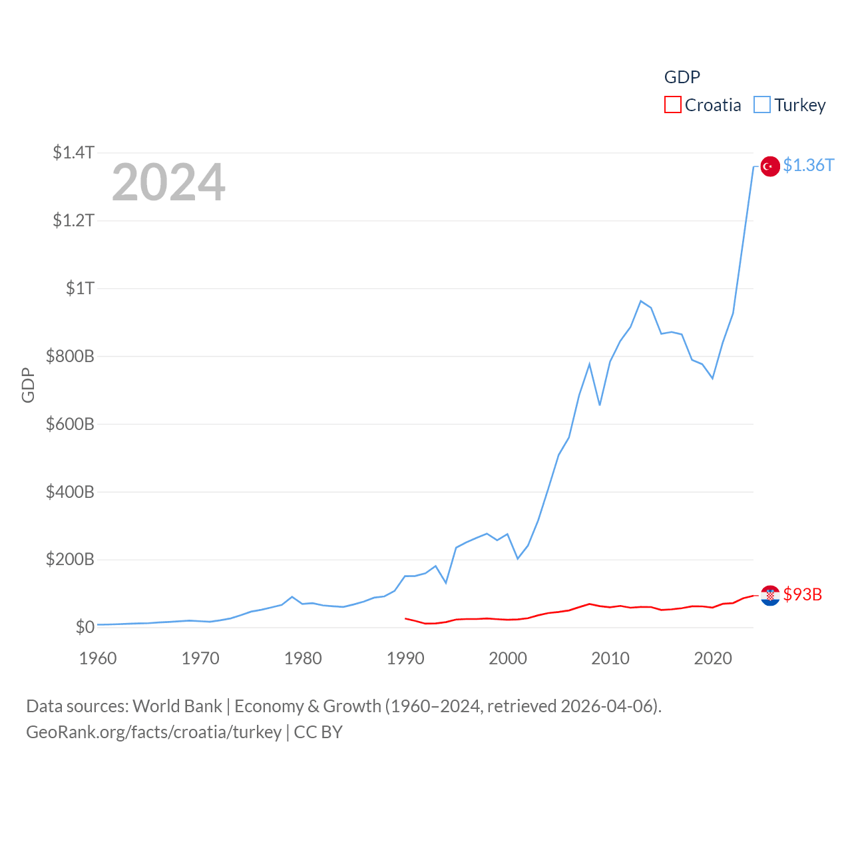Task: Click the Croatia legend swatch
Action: [x=673, y=105]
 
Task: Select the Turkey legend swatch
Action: [x=762, y=105]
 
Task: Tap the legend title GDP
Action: [x=682, y=77]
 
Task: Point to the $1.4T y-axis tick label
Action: [x=73, y=152]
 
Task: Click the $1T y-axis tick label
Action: [x=80, y=288]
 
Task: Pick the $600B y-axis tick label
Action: [x=70, y=424]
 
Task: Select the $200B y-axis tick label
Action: [x=70, y=559]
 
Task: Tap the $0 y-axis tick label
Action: [x=85, y=627]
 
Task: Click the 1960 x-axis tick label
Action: [x=98, y=658]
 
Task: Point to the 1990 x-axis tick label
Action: [x=405, y=658]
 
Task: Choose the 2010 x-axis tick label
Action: [x=610, y=658]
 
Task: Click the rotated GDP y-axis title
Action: [x=28, y=385]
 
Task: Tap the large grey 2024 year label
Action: [x=168, y=182]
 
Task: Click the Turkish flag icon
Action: [x=770, y=166]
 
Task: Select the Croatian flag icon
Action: [x=770, y=595]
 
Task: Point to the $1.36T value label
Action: [x=808, y=165]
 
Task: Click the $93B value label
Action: [x=803, y=594]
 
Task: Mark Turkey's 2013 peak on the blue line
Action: [x=640, y=301]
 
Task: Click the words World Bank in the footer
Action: [x=177, y=706]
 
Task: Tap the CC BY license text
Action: [x=318, y=732]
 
